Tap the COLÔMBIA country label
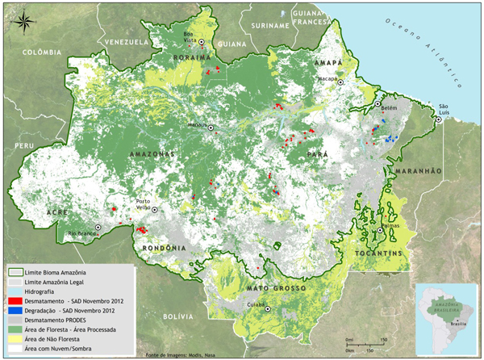coord(42,52)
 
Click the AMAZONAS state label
coord(152,153)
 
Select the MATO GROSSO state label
coord(277,288)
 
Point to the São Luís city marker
coord(438,119)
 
